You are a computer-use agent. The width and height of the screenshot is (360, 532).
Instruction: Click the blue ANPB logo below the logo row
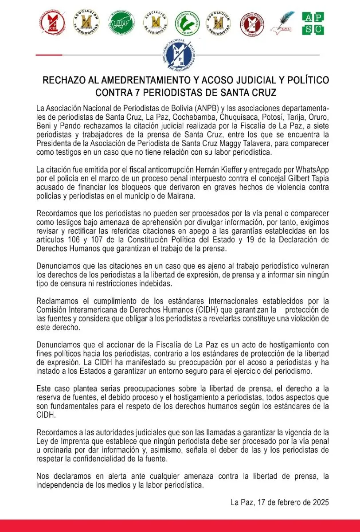coord(180,55)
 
